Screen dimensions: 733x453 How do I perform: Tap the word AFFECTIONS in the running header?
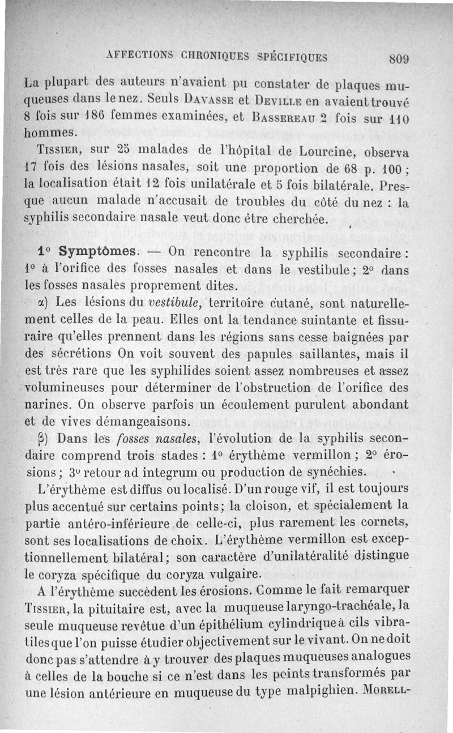point(135,57)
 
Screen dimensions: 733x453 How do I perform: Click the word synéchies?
point(335,471)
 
